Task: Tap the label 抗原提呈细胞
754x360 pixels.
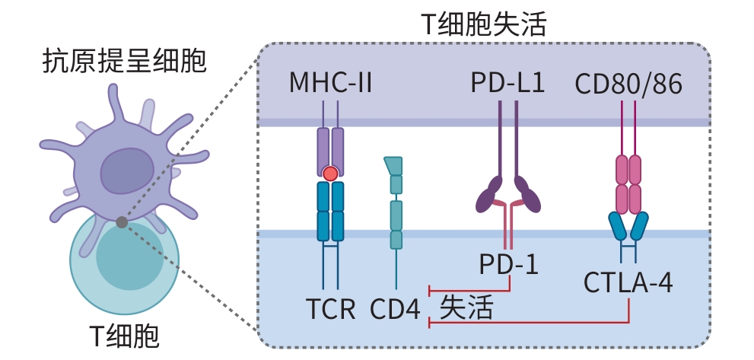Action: pos(124,62)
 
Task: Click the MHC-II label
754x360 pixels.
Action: pos(330,82)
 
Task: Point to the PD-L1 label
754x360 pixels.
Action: pos(507,82)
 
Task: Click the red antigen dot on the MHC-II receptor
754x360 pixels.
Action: pos(330,174)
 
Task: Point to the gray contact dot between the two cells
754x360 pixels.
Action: pos(122,222)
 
